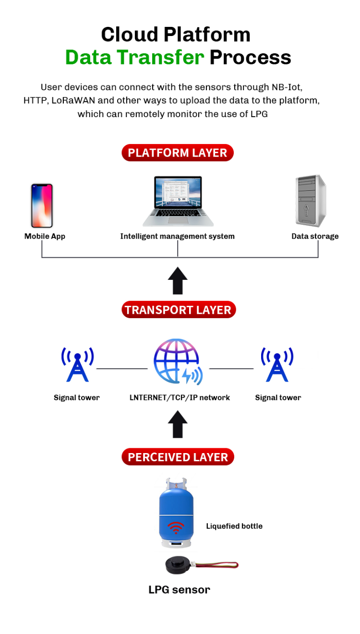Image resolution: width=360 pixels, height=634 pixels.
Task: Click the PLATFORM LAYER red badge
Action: coord(178,153)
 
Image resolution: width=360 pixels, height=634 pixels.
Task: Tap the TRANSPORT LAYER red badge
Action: coord(178,310)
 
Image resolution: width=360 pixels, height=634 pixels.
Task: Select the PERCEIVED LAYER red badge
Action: coord(178,457)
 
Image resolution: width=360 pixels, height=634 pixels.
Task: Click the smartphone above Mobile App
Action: coord(42,205)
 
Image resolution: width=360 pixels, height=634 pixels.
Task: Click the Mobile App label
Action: coord(45,236)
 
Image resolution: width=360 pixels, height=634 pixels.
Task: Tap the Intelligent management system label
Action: coord(177,236)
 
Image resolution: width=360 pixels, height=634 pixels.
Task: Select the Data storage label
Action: coord(315,236)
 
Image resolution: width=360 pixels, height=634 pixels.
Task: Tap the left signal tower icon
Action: coord(77,365)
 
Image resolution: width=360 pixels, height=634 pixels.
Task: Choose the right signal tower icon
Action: coord(277,365)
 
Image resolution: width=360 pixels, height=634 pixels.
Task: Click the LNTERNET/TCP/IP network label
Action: coord(180,397)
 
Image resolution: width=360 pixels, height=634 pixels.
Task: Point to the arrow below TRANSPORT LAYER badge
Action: coord(178,281)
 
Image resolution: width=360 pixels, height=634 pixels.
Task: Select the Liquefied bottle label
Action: coord(234,526)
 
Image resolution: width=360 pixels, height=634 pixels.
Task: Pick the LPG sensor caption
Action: coord(179,589)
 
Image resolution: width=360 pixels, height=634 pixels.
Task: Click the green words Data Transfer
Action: coord(135,58)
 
